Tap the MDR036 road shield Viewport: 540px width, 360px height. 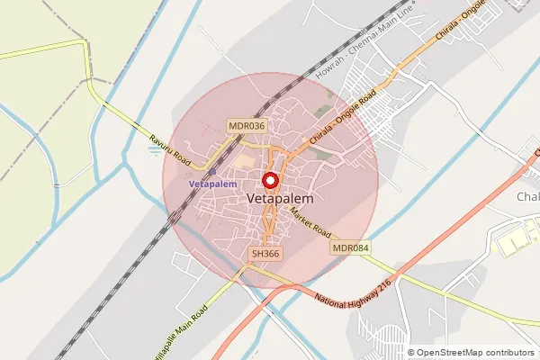(247, 127)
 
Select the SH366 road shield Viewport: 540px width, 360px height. (266, 255)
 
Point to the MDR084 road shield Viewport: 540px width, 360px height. (351, 247)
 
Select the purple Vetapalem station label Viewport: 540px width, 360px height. (213, 184)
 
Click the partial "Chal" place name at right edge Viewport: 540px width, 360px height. (527, 197)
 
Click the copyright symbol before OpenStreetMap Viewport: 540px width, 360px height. (410, 353)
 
